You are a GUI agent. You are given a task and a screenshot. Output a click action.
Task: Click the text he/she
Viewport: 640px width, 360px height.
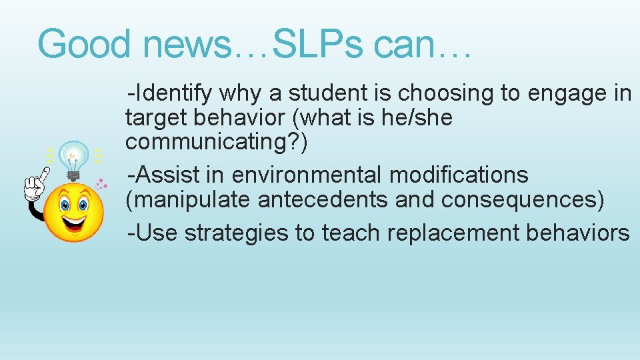[x=418, y=118]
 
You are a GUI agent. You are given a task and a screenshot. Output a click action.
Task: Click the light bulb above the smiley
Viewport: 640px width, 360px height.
[x=73, y=157]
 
